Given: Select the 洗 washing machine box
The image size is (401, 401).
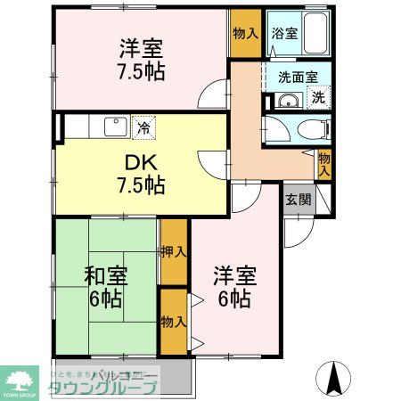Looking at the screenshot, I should pos(317,95).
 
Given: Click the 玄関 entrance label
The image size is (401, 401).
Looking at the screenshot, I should pos(299,199).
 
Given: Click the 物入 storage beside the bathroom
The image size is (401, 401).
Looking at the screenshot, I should pos(245,34).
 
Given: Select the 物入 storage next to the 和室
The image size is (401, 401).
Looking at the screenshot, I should pos(173,319).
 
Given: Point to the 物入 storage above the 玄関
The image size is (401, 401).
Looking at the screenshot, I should pos(324,163).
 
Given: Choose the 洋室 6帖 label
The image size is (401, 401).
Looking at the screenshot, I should pos(235,287).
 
